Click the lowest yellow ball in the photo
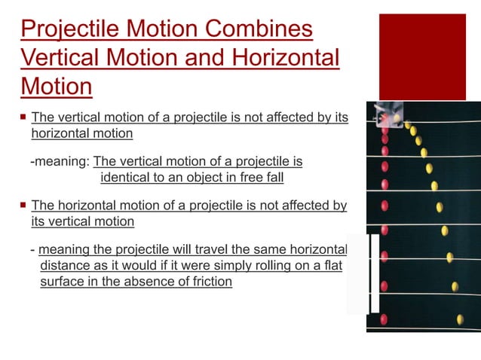460,319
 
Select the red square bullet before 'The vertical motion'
23,117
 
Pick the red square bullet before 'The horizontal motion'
23,205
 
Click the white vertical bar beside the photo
373,274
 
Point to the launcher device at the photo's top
389,113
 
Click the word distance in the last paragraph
64,266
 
